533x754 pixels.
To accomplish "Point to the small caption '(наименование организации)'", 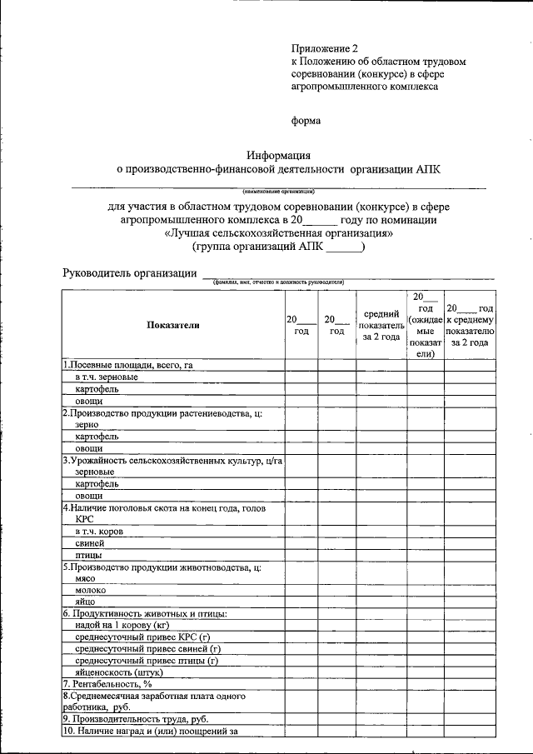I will [x=278, y=190].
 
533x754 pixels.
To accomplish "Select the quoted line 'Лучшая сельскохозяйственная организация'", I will [x=279, y=233].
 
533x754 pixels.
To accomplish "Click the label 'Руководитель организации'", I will [x=128, y=274].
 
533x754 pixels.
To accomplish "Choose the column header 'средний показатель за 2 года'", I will [x=381, y=326].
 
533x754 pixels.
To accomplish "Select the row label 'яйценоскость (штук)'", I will [x=118, y=672].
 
